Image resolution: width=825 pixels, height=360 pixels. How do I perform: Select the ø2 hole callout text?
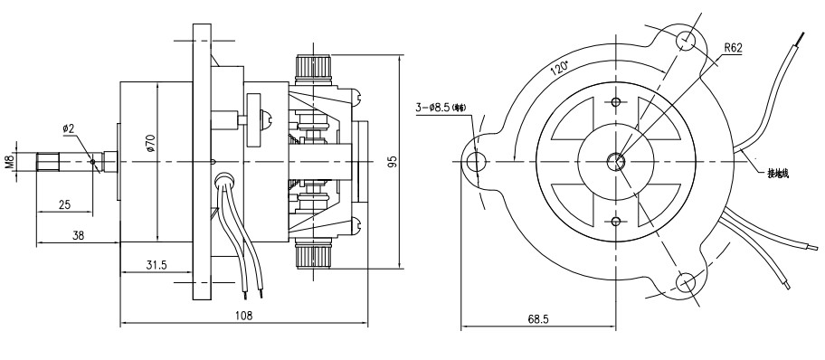click(x=69, y=128)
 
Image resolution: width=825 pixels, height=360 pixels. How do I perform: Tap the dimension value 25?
click(x=64, y=205)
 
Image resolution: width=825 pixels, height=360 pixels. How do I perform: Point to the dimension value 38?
click(x=79, y=234)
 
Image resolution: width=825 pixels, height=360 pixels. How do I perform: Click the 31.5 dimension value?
click(x=156, y=265)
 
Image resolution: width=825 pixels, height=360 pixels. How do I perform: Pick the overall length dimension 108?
click(x=243, y=316)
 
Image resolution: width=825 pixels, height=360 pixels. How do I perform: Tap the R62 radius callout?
click(x=732, y=49)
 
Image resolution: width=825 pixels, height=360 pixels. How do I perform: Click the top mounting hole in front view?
click(x=687, y=41)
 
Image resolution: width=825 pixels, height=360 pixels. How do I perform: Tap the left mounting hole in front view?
click(x=476, y=163)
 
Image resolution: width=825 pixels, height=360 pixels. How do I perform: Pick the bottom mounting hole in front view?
click(x=687, y=282)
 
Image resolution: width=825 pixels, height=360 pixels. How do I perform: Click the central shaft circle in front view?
click(x=616, y=162)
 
